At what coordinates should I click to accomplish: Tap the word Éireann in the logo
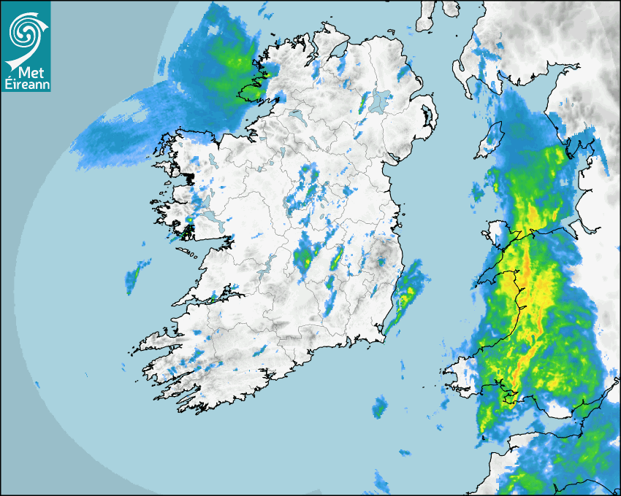click(26, 84)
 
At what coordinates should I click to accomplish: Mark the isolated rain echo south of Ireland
click(378, 408)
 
